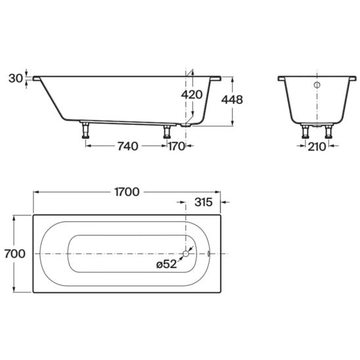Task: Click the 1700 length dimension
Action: tap(127, 192)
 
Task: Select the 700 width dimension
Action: tap(14, 254)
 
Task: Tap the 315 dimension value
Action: tap(204, 202)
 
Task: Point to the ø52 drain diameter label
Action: tap(167, 264)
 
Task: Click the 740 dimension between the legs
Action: tap(128, 146)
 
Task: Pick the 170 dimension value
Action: tap(177, 146)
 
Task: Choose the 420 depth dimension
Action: tap(192, 95)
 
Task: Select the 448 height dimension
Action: tap(232, 100)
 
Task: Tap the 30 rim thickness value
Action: tap(16, 78)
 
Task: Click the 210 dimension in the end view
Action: tap(317, 146)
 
